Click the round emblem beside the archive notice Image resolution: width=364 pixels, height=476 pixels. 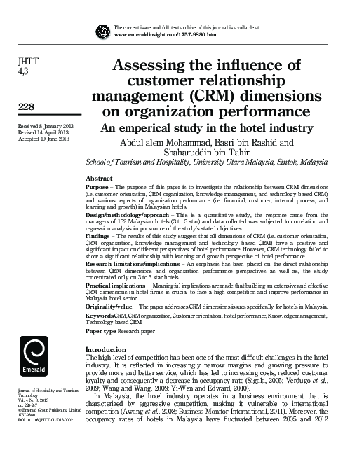pyautogui.click(x=102, y=30)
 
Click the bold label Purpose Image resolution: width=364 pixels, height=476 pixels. pyautogui.click(x=97, y=188)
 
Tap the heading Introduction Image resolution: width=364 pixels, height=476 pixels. pyautogui.click(x=105, y=349)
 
